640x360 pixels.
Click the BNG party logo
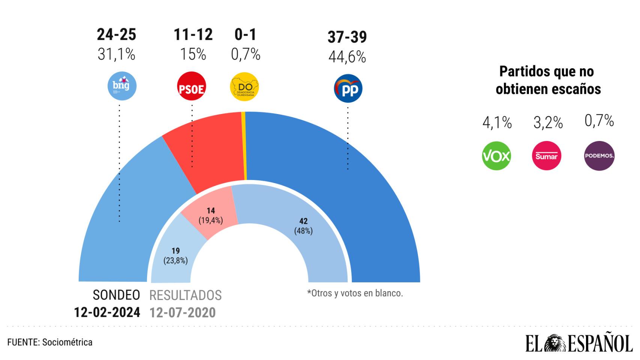pyautogui.click(x=122, y=86)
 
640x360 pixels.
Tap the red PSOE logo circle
pyautogui.click(x=191, y=86)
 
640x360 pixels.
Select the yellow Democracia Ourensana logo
pyautogui.click(x=244, y=87)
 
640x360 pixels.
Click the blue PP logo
pyautogui.click(x=348, y=88)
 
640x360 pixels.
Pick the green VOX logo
pyautogui.click(x=496, y=156)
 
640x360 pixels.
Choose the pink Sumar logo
pyautogui.click(x=546, y=156)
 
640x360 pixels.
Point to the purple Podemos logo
pyautogui.click(x=599, y=156)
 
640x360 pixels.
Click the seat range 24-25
pyautogui.click(x=116, y=34)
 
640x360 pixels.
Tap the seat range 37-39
pyautogui.click(x=347, y=37)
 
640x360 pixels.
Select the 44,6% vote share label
pyautogui.click(x=347, y=57)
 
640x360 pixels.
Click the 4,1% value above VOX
pyautogui.click(x=497, y=123)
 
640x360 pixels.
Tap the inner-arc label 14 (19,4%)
pyautogui.click(x=210, y=216)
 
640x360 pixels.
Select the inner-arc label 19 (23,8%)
pyautogui.click(x=176, y=255)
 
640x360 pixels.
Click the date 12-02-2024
pyautogui.click(x=107, y=312)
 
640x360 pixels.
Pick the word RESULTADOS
pyautogui.click(x=185, y=295)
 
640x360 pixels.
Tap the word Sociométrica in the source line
pyautogui.click(x=67, y=342)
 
